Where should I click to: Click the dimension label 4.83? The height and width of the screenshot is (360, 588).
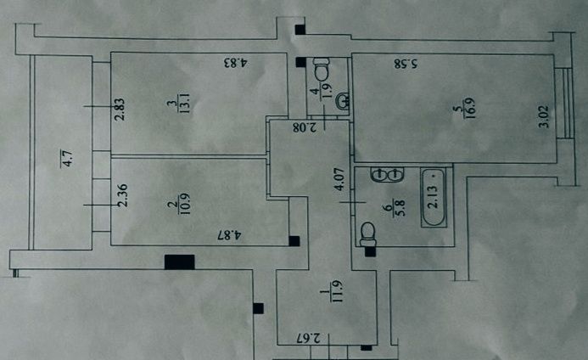click(236, 62)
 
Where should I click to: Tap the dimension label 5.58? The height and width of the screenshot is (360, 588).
click(406, 64)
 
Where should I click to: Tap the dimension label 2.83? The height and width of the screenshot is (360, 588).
click(120, 110)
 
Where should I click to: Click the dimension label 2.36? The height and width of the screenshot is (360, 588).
click(122, 194)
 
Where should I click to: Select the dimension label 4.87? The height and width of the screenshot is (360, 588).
click(229, 235)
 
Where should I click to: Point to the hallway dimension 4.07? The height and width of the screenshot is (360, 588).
click(339, 179)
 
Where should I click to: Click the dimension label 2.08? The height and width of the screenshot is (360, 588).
click(305, 127)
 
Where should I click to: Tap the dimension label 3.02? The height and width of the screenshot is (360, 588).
click(543, 117)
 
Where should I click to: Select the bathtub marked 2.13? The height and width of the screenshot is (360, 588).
click(434, 198)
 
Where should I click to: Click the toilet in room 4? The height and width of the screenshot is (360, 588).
click(322, 69)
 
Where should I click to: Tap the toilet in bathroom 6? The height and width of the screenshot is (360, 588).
click(367, 234)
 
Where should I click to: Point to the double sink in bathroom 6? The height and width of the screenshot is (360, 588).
click(387, 175)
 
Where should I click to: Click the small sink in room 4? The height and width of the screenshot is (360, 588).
click(343, 100)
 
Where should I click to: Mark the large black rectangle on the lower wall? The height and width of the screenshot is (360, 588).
click(180, 262)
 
